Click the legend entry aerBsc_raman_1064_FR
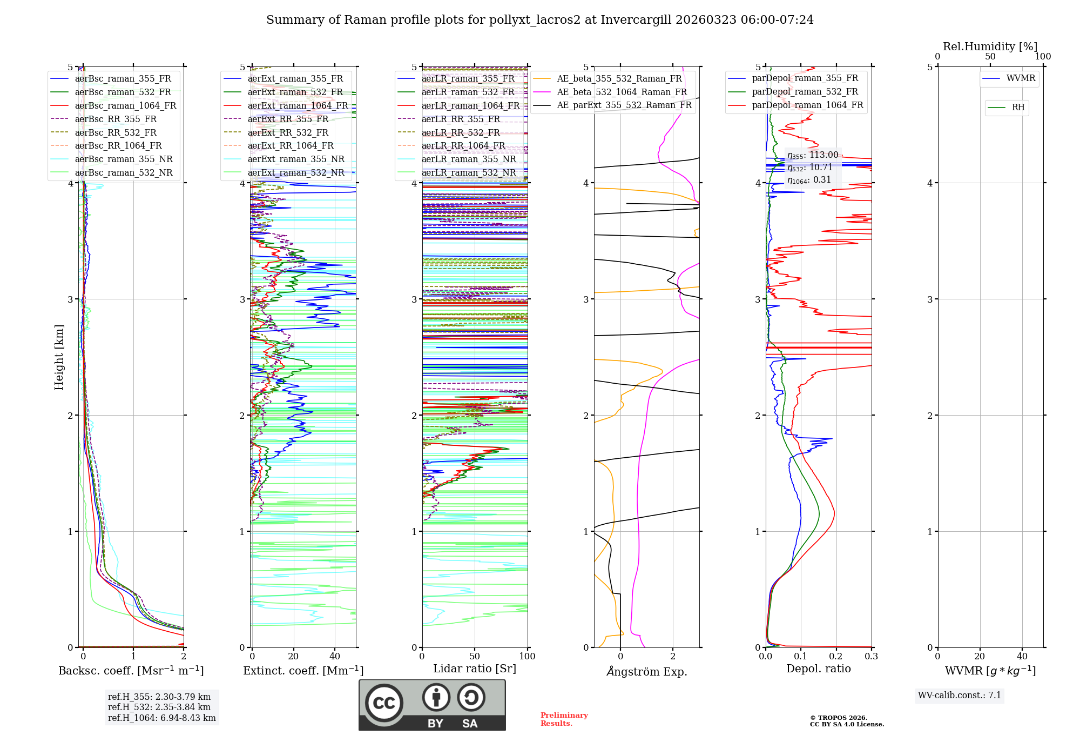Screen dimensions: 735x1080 coord(125,106)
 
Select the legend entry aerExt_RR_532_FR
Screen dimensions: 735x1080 coord(288,132)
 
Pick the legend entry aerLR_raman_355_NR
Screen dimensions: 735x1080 coord(468,159)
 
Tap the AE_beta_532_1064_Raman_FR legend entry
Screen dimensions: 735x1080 coord(622,92)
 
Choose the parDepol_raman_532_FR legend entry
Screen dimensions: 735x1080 coord(805,92)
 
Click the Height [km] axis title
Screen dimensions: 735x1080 coord(59,357)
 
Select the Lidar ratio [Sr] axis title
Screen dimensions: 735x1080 coord(475,669)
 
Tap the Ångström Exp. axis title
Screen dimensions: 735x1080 coord(646,672)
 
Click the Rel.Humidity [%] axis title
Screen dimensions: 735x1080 coord(990,46)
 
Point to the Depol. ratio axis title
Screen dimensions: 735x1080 coord(818,669)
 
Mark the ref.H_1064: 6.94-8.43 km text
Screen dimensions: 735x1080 coord(161,718)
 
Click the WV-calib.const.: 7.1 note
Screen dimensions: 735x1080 coord(960,696)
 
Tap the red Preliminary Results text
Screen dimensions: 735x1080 coord(564,719)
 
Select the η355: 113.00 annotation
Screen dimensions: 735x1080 coord(813,156)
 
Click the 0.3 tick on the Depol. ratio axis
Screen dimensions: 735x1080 coord(871,657)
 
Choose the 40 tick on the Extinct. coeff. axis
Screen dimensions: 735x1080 coord(335,657)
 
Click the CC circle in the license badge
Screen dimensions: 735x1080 coord(384,703)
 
